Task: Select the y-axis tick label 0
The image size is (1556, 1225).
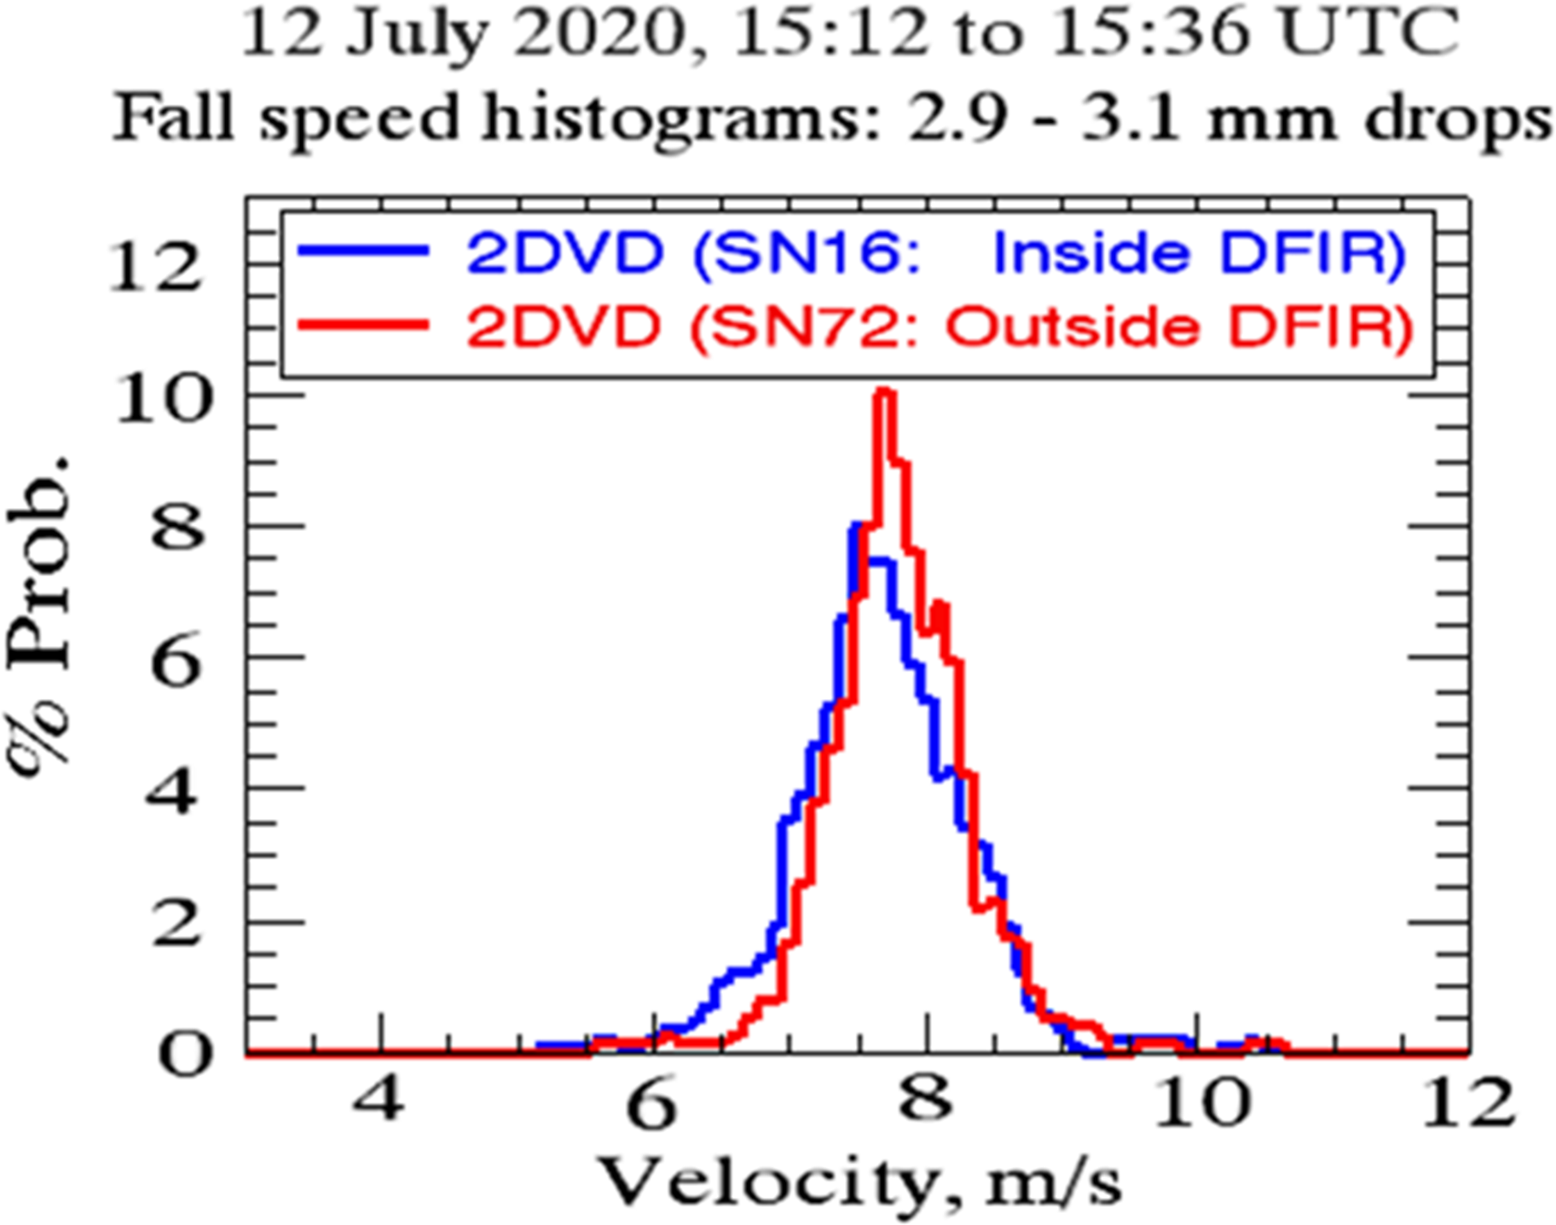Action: coord(183,1054)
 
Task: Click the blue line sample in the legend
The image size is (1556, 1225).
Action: coord(362,250)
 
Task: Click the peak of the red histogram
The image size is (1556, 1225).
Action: coord(885,391)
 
